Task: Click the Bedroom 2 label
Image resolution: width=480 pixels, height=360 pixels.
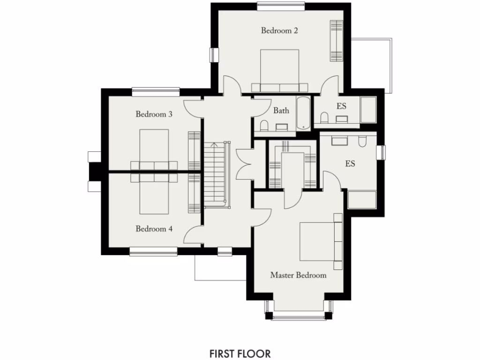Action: tap(279, 31)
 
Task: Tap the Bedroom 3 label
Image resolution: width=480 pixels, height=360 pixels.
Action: tap(154, 114)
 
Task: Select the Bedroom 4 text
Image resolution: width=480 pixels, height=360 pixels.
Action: tap(154, 229)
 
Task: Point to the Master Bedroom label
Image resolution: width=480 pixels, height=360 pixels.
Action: tap(298, 275)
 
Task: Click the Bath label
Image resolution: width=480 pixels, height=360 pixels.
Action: tap(281, 111)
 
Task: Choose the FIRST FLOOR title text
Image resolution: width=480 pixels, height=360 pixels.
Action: tap(240, 352)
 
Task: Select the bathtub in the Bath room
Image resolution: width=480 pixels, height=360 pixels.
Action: tap(303, 113)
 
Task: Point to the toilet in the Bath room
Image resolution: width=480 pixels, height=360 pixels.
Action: tap(263, 126)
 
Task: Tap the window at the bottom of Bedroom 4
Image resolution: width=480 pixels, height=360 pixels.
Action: tap(153, 253)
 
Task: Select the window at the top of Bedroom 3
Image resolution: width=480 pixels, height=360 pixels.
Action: tap(156, 91)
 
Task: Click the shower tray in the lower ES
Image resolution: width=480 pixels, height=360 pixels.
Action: tap(362, 199)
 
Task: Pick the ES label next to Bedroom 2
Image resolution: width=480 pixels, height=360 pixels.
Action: tap(341, 106)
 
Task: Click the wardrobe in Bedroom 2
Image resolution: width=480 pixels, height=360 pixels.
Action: tap(336, 41)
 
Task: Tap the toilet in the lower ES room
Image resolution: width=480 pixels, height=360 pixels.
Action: tap(362, 142)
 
